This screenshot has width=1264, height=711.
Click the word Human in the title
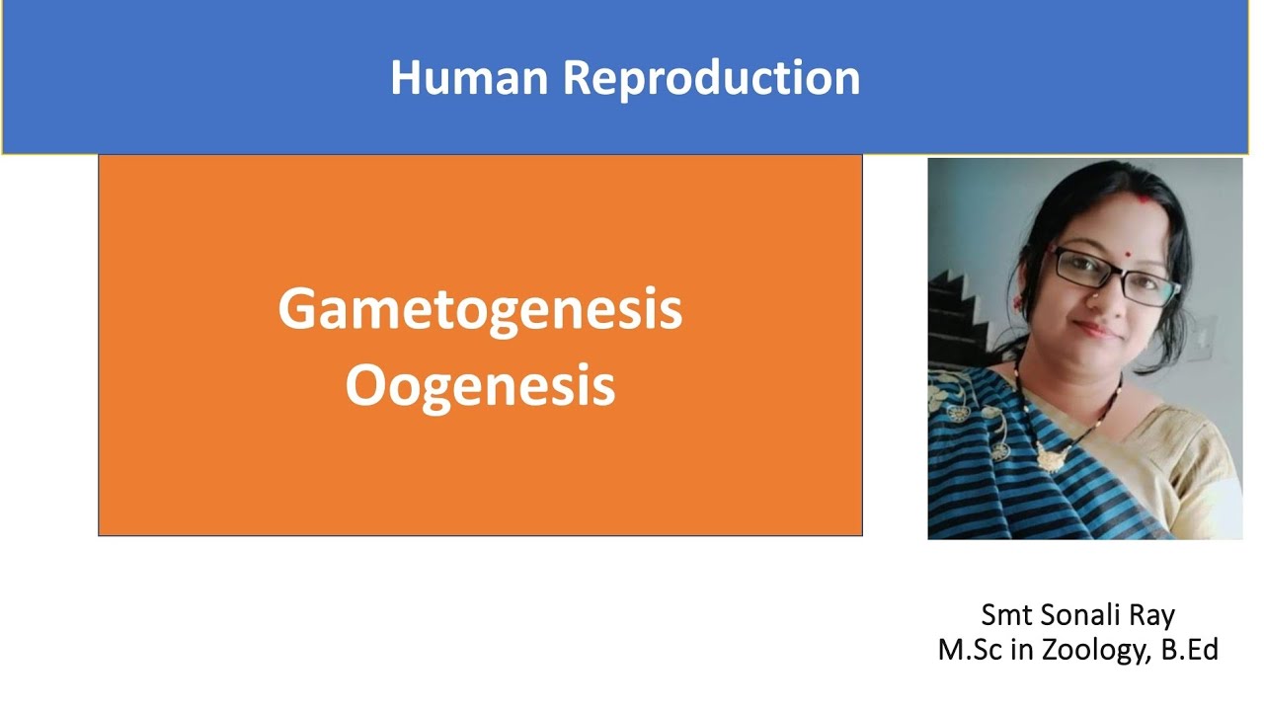click(x=469, y=77)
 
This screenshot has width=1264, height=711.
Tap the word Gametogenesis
click(x=480, y=309)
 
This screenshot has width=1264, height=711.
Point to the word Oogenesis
click(x=480, y=385)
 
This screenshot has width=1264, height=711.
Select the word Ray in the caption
click(x=1151, y=616)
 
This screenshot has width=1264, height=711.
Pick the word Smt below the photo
click(x=1004, y=615)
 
